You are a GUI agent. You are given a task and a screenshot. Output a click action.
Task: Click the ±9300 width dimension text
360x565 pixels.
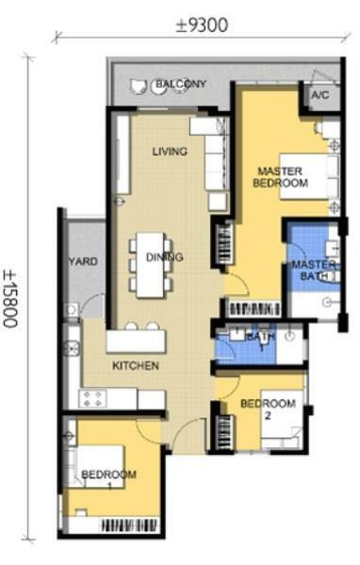point(202,25)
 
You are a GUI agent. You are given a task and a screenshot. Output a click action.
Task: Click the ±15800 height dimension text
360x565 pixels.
point(9,299)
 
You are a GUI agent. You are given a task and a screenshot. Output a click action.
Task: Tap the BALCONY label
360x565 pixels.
point(180,84)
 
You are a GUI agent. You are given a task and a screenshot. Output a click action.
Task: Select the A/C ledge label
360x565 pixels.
point(320,95)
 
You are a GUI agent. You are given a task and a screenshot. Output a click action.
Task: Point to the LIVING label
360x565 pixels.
point(170,152)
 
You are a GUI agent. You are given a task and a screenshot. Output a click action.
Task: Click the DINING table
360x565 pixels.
point(151,265)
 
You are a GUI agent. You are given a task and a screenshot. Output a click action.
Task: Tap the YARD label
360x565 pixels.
point(83,261)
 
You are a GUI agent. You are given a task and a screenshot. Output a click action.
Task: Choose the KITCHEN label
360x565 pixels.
point(136,365)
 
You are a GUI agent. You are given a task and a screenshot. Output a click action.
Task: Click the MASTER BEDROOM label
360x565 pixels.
point(280,177)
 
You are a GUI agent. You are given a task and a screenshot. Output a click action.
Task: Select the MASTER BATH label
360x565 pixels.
point(314,270)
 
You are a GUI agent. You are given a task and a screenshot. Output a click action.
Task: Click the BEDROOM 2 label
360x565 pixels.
point(268,409)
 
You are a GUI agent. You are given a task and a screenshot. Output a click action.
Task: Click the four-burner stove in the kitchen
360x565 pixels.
point(93,399)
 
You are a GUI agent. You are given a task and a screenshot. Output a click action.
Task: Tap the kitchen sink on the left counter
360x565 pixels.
point(71,348)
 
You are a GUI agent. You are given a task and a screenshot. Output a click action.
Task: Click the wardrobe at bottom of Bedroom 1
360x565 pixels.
point(129,526)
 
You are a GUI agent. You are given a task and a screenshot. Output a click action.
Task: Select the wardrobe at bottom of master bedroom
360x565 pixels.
point(254,309)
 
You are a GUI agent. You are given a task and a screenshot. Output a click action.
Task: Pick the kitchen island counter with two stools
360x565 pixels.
point(137,341)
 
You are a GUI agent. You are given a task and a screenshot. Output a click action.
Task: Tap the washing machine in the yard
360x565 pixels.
point(71,310)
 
